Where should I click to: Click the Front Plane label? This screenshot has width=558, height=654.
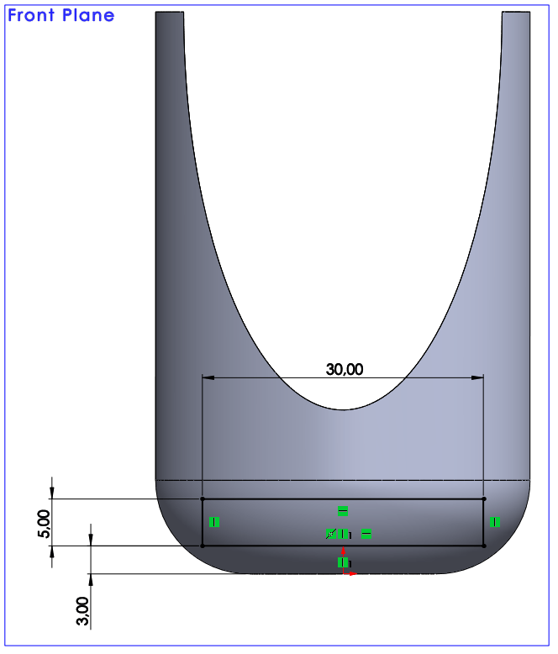click(x=61, y=15)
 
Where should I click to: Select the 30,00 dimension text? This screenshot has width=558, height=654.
click(x=345, y=369)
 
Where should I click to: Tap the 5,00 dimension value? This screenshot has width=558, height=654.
click(x=44, y=524)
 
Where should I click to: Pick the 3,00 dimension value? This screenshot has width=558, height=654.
click(x=82, y=611)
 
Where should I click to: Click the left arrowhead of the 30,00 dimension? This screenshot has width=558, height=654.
click(x=208, y=378)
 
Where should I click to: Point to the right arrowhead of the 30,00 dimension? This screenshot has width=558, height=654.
click(x=477, y=378)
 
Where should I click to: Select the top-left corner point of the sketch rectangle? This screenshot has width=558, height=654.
click(x=203, y=498)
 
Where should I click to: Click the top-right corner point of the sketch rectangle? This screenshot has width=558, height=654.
click(x=484, y=498)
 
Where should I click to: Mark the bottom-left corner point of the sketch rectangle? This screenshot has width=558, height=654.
click(x=203, y=546)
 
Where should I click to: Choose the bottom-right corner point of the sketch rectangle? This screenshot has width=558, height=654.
click(x=484, y=546)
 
